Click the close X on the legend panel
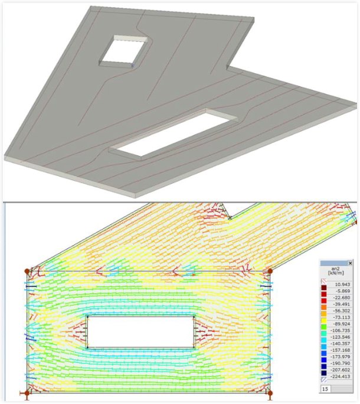coord(350,263)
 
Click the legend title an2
coord(336,269)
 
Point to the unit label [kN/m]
coord(336,273)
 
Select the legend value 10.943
coord(342,284)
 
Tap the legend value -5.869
coord(343,291)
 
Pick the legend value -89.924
coord(342,324)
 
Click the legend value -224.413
coord(341,376)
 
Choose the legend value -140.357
coord(341,343)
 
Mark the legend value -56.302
coord(342,311)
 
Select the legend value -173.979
coord(341,357)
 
